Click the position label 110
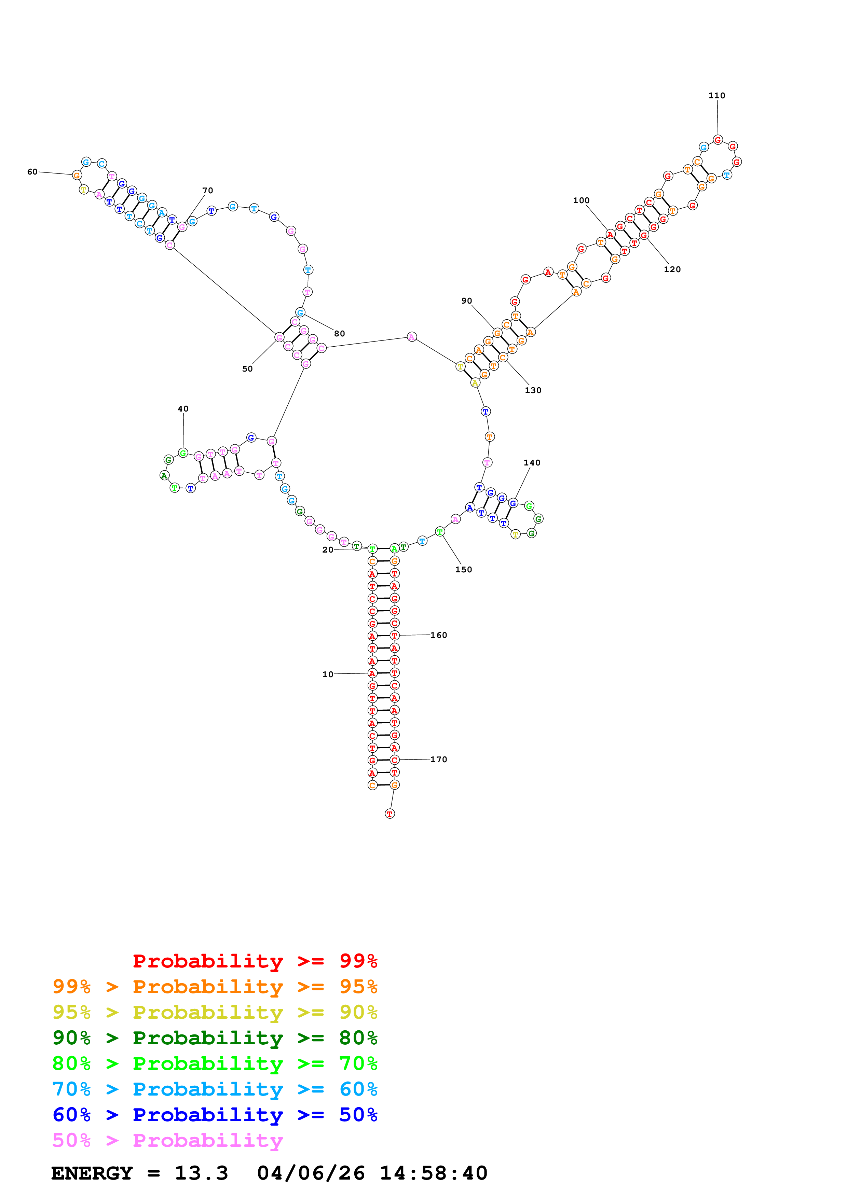click(x=716, y=96)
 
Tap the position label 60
click(x=32, y=172)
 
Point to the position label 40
click(x=183, y=408)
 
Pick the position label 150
click(x=463, y=569)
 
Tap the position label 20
click(x=328, y=549)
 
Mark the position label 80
click(x=340, y=333)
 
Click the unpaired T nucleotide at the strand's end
click(x=390, y=813)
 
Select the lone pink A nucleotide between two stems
click(x=412, y=337)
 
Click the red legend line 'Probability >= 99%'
click(x=255, y=961)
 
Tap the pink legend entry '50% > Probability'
click(x=167, y=1140)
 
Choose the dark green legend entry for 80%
click(x=215, y=1038)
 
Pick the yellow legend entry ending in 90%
click(x=215, y=1012)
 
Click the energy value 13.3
click(x=202, y=1173)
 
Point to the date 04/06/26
click(x=311, y=1173)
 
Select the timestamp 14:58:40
click(x=434, y=1173)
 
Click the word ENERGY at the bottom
click(x=92, y=1173)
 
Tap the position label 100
click(x=582, y=200)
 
